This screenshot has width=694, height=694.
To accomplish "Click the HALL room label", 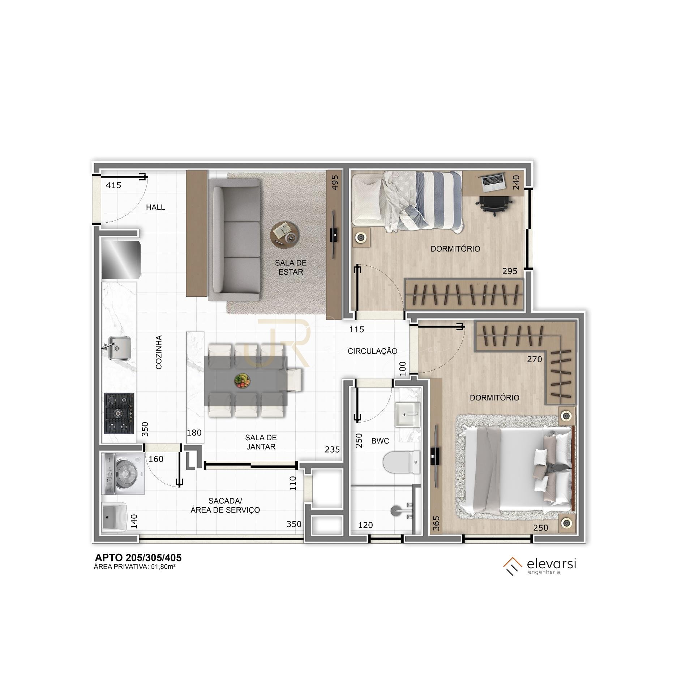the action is tap(155, 207).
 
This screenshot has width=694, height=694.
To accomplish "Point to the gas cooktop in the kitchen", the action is tap(119, 414).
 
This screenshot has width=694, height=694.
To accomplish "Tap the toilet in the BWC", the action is tap(402, 462).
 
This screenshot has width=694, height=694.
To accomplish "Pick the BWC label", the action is tap(380, 441).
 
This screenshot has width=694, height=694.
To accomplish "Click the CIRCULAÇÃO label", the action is tap(372, 351).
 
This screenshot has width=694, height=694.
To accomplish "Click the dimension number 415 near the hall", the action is tap(113, 185).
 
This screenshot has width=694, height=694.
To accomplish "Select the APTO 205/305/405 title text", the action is tap(138, 558).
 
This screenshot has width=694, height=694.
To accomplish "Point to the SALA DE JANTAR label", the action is tap(261, 442).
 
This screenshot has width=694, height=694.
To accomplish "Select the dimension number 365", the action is tap(436, 523).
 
